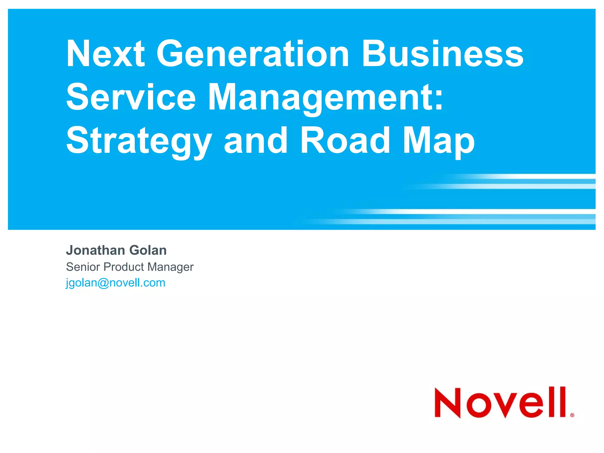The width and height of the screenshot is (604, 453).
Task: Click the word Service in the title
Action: pyautogui.click(x=131, y=97)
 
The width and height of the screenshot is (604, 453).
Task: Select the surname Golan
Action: pyautogui.click(x=148, y=250)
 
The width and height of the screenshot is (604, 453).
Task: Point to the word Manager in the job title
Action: pyautogui.click(x=170, y=267)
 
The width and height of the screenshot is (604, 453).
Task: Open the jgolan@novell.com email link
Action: pyautogui.click(x=115, y=283)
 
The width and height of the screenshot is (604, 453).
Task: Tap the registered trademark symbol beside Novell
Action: pyautogui.click(x=572, y=415)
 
